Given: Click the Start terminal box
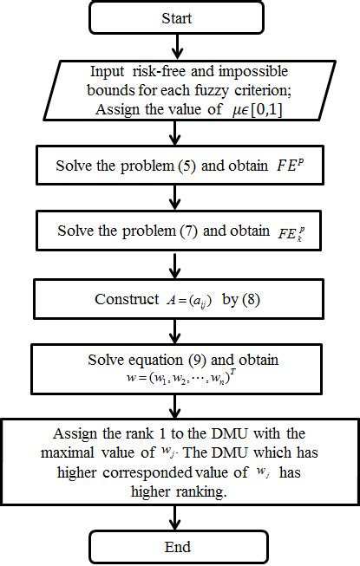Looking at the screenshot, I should [x=176, y=16].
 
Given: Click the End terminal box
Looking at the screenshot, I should [x=176, y=546].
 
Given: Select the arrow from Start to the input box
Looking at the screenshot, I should [x=176, y=46].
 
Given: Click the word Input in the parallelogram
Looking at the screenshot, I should [x=107, y=73].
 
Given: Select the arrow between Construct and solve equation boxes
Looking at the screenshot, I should [x=176, y=332].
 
